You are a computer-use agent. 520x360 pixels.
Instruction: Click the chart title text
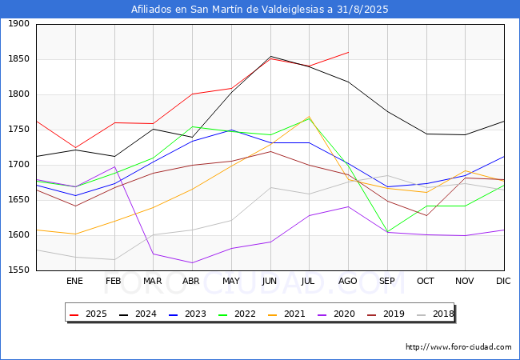pos(260,10)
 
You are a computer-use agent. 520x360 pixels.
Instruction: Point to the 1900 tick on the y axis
pos(19,24)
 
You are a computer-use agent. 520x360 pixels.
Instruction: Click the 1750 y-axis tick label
pos(19,130)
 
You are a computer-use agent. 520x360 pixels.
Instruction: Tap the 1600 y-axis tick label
pos(19,235)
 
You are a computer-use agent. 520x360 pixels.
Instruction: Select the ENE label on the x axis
pos(74,281)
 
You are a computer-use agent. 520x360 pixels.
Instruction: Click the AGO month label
pos(348,281)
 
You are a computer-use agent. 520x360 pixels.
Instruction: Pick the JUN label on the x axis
pos(270,281)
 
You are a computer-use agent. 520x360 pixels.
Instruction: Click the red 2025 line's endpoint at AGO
pos(348,52)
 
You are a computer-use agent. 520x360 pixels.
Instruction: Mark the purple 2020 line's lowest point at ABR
pos(192,262)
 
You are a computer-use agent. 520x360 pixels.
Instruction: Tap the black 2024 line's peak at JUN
pos(270,56)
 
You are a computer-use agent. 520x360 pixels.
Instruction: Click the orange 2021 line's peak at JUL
pos(309,116)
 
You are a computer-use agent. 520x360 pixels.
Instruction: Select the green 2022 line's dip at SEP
pos(387,232)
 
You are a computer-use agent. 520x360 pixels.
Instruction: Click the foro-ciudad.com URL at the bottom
pos(458,347)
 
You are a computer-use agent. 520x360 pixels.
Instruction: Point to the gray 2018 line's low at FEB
pos(114,259)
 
